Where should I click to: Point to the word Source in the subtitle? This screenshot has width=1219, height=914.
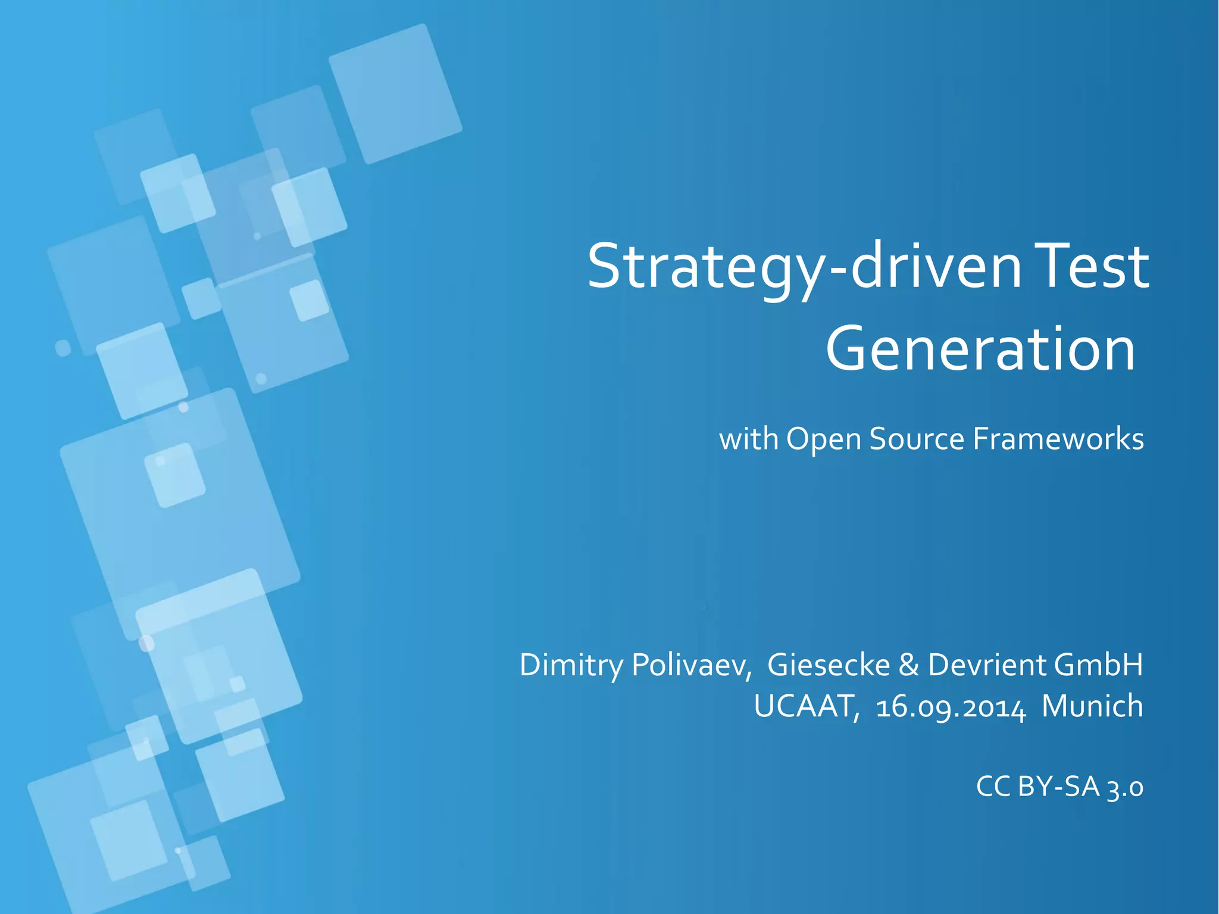(x=917, y=439)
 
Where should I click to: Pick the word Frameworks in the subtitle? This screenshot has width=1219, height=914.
(x=1058, y=439)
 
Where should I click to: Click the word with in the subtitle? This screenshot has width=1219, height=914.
(x=749, y=439)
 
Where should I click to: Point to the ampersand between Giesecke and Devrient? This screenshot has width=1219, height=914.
(x=909, y=665)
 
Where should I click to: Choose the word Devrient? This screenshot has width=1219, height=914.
(x=987, y=665)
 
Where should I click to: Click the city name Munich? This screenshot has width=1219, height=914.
(x=1092, y=707)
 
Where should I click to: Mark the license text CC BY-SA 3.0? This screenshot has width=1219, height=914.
(x=1059, y=787)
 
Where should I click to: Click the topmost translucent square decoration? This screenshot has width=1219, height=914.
(x=395, y=93)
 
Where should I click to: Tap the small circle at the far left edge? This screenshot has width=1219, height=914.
(x=62, y=347)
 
